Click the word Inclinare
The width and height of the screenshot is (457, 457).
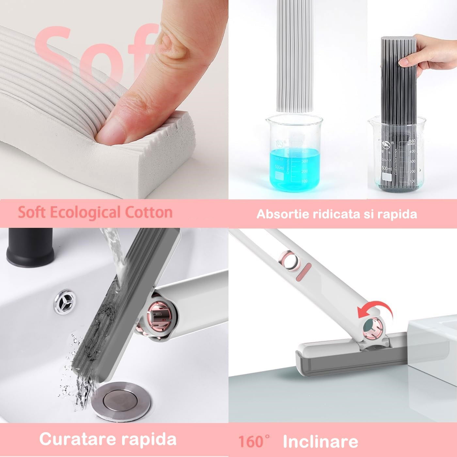[320, 442]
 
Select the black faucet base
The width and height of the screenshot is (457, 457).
[30, 245]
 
